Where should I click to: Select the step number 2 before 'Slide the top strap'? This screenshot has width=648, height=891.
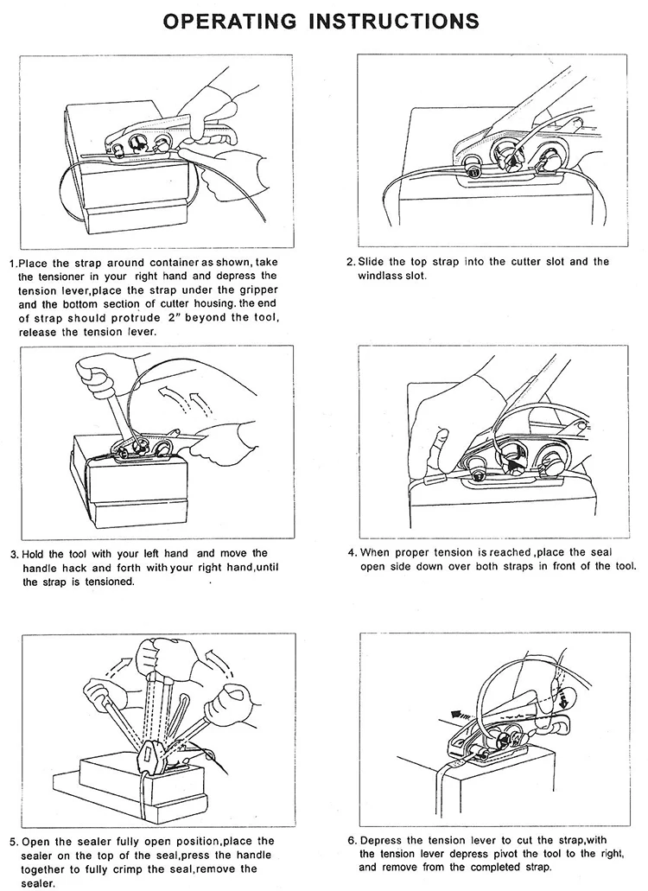coord(350,262)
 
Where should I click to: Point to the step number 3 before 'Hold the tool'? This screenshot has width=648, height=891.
coord(12,553)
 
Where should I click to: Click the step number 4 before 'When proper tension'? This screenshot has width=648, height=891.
coord(350,553)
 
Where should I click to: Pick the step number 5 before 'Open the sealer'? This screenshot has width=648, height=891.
coord(12,841)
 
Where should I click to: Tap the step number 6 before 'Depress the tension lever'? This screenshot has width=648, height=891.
coord(350,841)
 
